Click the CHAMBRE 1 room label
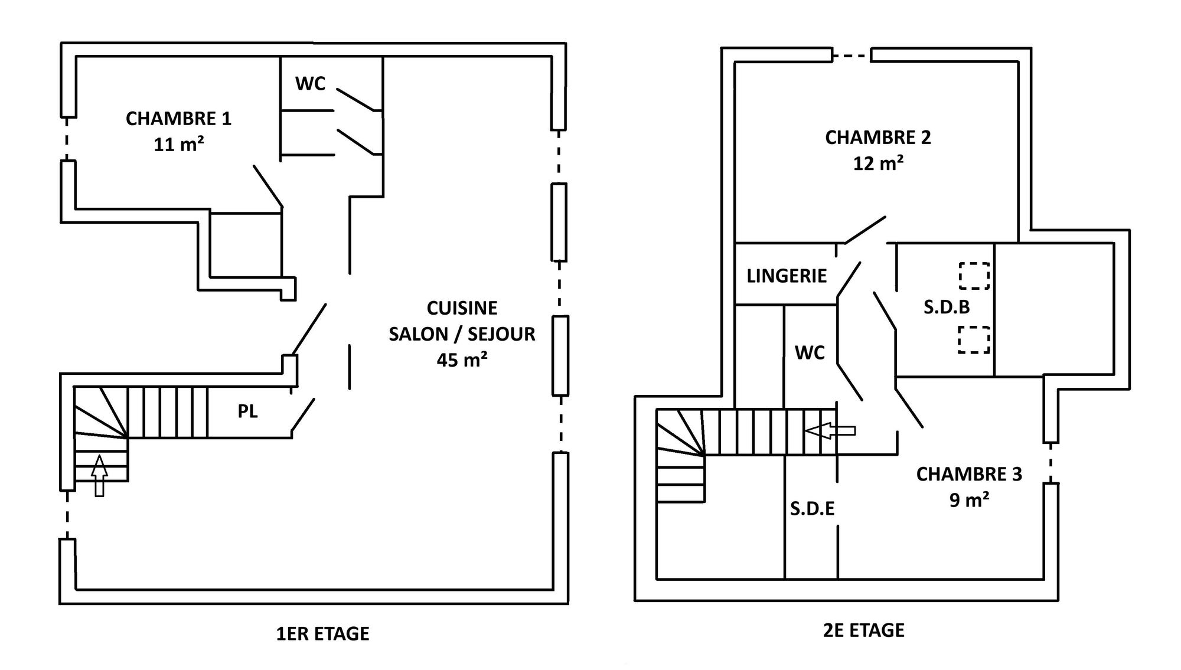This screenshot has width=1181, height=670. [178, 119]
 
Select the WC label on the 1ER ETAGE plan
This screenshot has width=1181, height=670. [310, 84]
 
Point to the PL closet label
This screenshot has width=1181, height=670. [247, 411]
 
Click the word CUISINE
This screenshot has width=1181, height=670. [462, 308]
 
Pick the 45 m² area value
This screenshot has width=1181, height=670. [462, 359]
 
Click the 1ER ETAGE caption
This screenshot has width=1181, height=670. [322, 633]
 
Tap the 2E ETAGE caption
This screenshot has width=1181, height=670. [863, 630]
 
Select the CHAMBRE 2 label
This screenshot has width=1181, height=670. [877, 138]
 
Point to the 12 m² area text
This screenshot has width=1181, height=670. [878, 163]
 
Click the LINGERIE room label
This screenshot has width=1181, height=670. [787, 276]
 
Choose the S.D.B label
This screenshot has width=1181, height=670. [947, 307]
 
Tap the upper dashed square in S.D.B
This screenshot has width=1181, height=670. [974, 276]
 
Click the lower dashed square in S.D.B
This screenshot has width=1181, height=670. [974, 340]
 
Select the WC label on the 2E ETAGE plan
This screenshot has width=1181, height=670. [810, 353]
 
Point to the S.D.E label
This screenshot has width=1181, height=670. [812, 509]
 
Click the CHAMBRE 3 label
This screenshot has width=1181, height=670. [969, 475]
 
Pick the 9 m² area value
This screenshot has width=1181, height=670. [969, 500]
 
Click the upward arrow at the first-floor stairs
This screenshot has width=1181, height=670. [100, 476]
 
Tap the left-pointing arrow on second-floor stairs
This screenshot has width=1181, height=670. [830, 432]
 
